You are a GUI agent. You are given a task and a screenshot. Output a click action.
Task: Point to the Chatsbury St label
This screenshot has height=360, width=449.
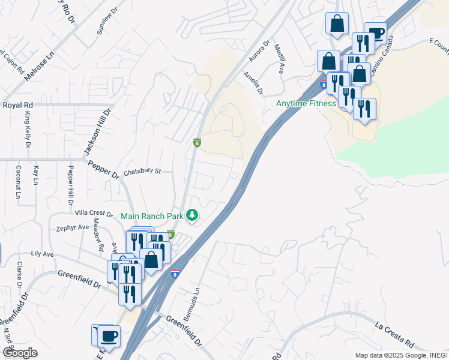coord(142,172)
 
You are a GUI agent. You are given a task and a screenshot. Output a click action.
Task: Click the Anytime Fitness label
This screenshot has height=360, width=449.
coord(306,103)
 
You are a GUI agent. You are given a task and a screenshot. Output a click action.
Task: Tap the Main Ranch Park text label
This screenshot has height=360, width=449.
coord(153,215)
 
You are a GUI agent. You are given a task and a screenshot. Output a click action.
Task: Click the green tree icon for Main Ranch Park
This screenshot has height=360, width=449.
coord(192,214)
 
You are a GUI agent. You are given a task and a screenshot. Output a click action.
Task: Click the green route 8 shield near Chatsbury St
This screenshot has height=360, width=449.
coord(196,143)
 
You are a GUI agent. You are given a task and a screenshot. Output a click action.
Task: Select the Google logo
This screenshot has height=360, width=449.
coord(20,352)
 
